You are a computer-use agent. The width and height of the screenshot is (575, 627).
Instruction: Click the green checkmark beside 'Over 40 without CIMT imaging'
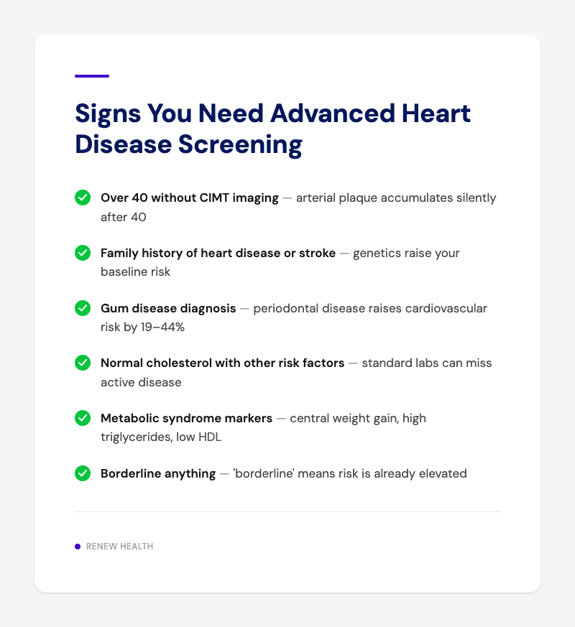[83, 198]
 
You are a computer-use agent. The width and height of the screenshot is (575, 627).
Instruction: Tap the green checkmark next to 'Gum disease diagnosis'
[83, 308]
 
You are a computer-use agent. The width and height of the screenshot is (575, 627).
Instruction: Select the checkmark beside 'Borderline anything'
[83, 473]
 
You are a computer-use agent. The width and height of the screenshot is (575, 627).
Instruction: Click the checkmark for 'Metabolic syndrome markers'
[83, 418]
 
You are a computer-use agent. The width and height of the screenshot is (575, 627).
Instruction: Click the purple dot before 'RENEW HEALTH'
[78, 547]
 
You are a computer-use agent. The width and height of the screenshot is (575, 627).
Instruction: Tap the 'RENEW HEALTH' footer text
[119, 547]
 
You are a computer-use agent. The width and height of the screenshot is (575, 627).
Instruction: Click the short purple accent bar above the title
[92, 76]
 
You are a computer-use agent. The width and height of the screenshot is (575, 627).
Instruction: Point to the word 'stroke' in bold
[316, 253]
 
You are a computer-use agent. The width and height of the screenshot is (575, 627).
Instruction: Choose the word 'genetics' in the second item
[377, 253]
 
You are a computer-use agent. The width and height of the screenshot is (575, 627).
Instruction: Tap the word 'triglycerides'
[134, 437]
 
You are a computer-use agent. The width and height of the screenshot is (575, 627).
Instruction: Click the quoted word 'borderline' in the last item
[262, 473]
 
